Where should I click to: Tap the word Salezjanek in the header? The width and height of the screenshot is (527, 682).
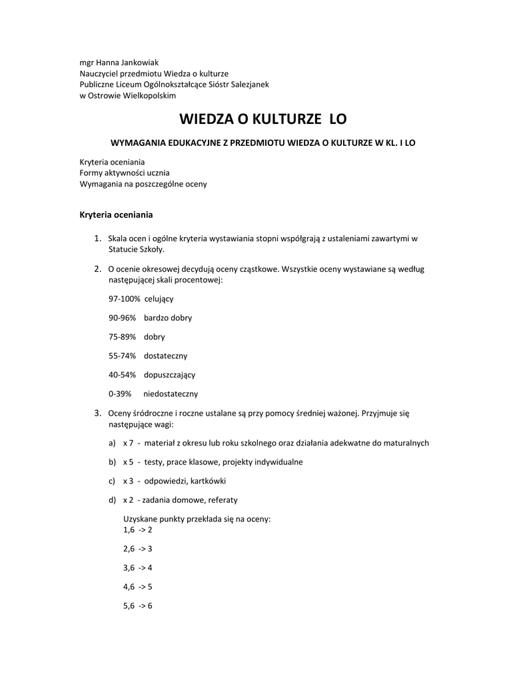(x=247, y=85)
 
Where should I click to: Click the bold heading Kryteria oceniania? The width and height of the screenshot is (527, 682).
(x=116, y=214)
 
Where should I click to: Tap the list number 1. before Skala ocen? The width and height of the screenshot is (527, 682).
(x=97, y=238)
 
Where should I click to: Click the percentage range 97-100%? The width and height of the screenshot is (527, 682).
(x=123, y=299)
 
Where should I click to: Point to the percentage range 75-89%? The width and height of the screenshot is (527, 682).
(x=122, y=337)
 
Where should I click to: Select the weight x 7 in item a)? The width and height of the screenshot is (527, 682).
(x=129, y=443)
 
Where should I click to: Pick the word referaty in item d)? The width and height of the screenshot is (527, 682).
(x=222, y=500)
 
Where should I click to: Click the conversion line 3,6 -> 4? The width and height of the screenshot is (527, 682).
(x=137, y=568)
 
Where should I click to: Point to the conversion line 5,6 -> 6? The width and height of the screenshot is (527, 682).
(x=137, y=606)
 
